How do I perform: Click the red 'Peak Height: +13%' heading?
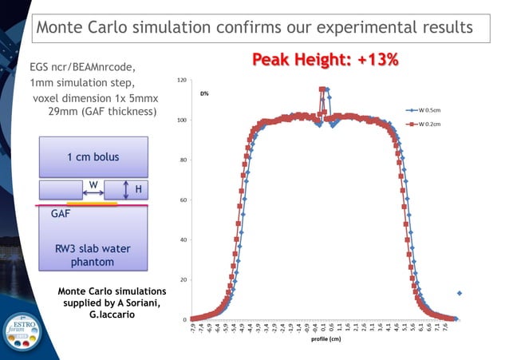pyautogui.click(x=326, y=59)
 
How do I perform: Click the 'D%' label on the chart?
pyautogui.click(x=204, y=93)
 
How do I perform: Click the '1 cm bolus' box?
pyautogui.click(x=93, y=156)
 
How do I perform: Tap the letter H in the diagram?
pyautogui.click(x=138, y=189)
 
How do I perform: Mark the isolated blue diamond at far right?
pyautogui.click(x=460, y=293)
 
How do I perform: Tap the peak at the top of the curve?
pyautogui.click(x=322, y=89)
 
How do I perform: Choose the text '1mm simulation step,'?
pyautogui.click(x=77, y=84)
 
